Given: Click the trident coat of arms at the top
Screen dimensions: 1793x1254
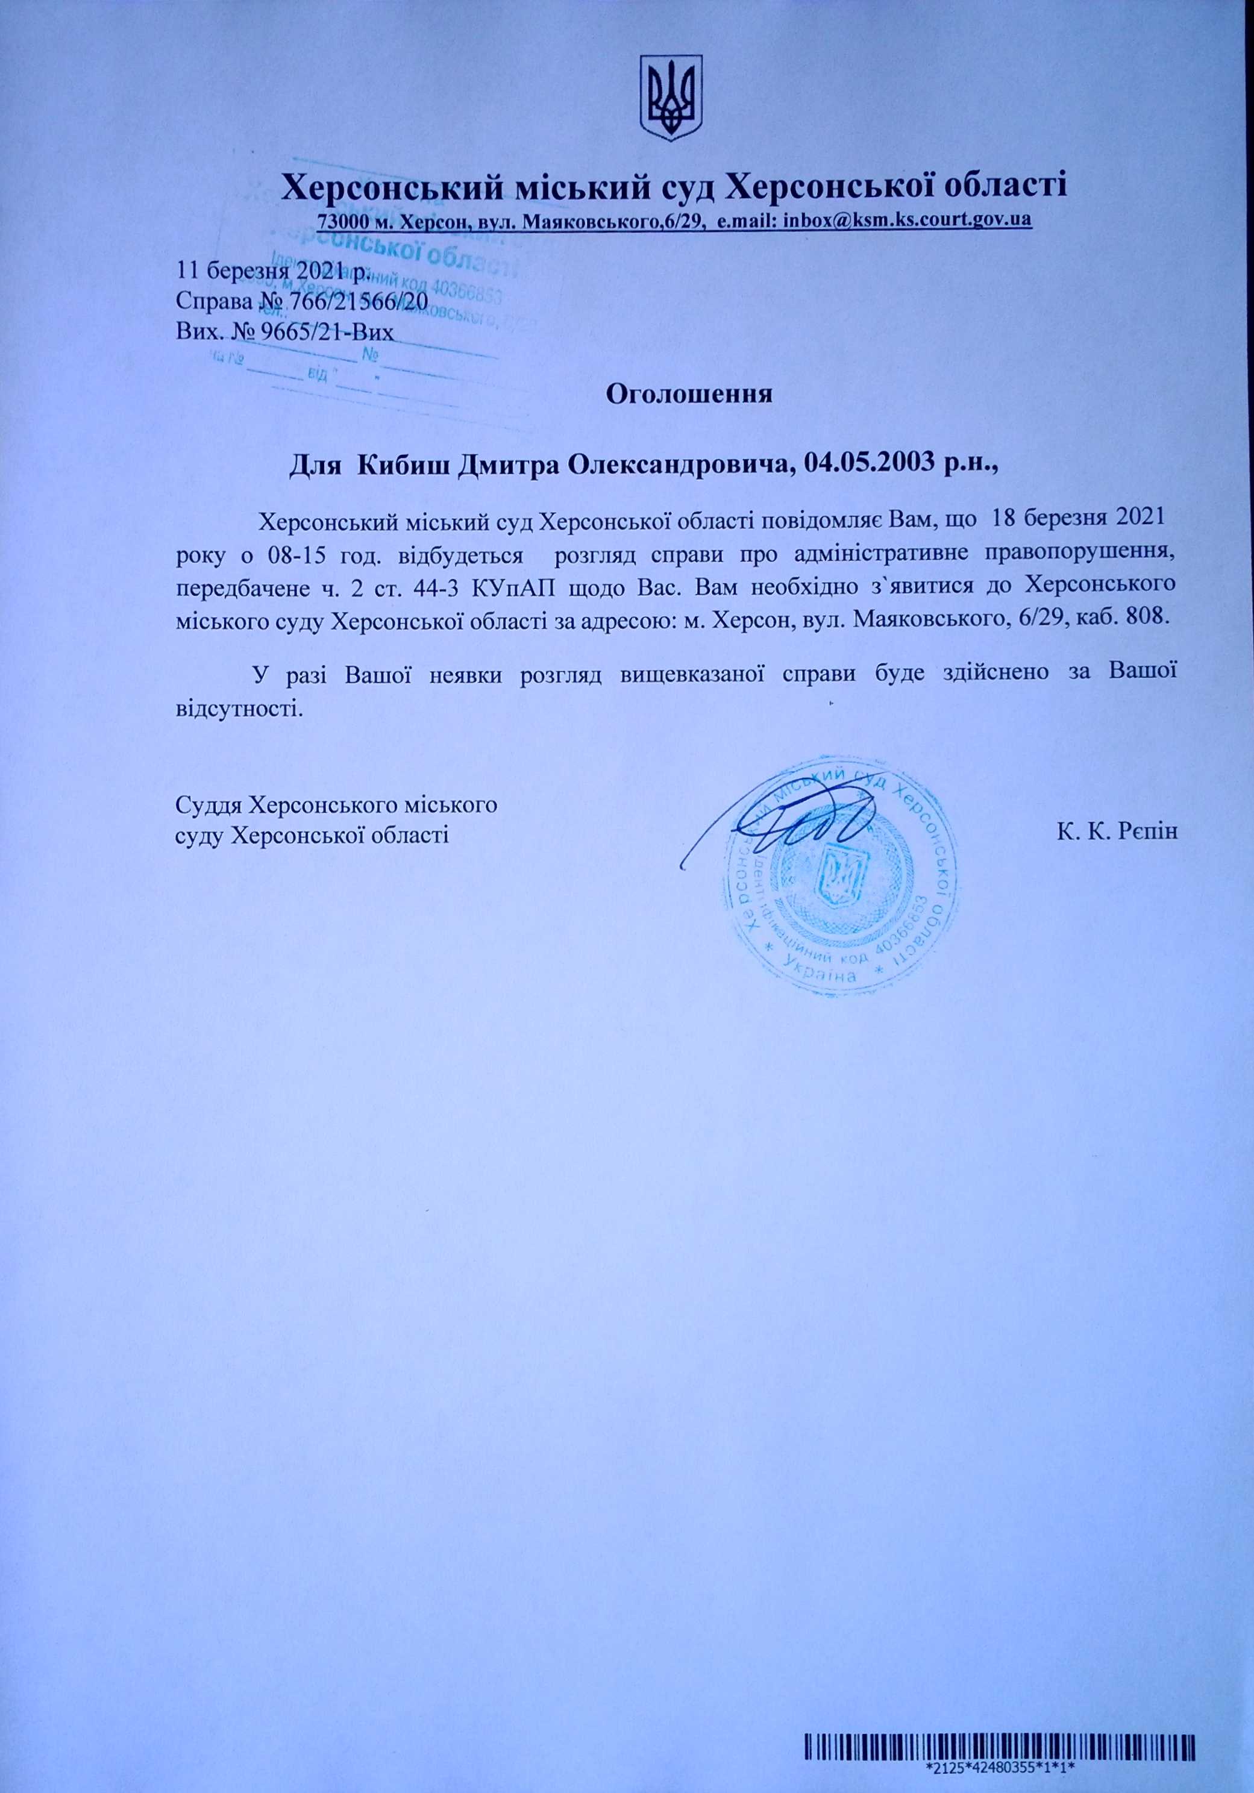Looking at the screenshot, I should tap(671, 97).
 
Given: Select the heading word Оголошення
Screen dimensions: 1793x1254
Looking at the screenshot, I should tap(689, 393).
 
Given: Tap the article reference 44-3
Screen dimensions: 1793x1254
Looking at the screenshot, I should tap(433, 586).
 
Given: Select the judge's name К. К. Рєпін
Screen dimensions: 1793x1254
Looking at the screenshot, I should tap(1117, 831).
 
